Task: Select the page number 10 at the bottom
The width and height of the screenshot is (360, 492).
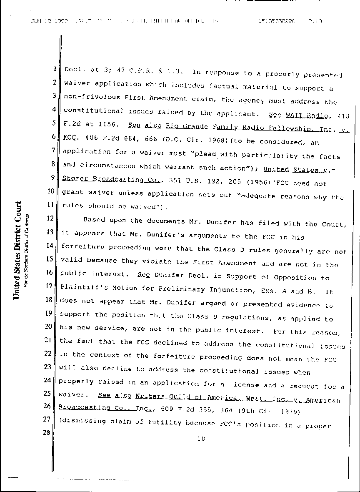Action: [201, 438]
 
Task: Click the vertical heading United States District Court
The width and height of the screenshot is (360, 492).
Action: [17, 250]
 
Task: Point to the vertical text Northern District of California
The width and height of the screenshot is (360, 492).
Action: [26, 250]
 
